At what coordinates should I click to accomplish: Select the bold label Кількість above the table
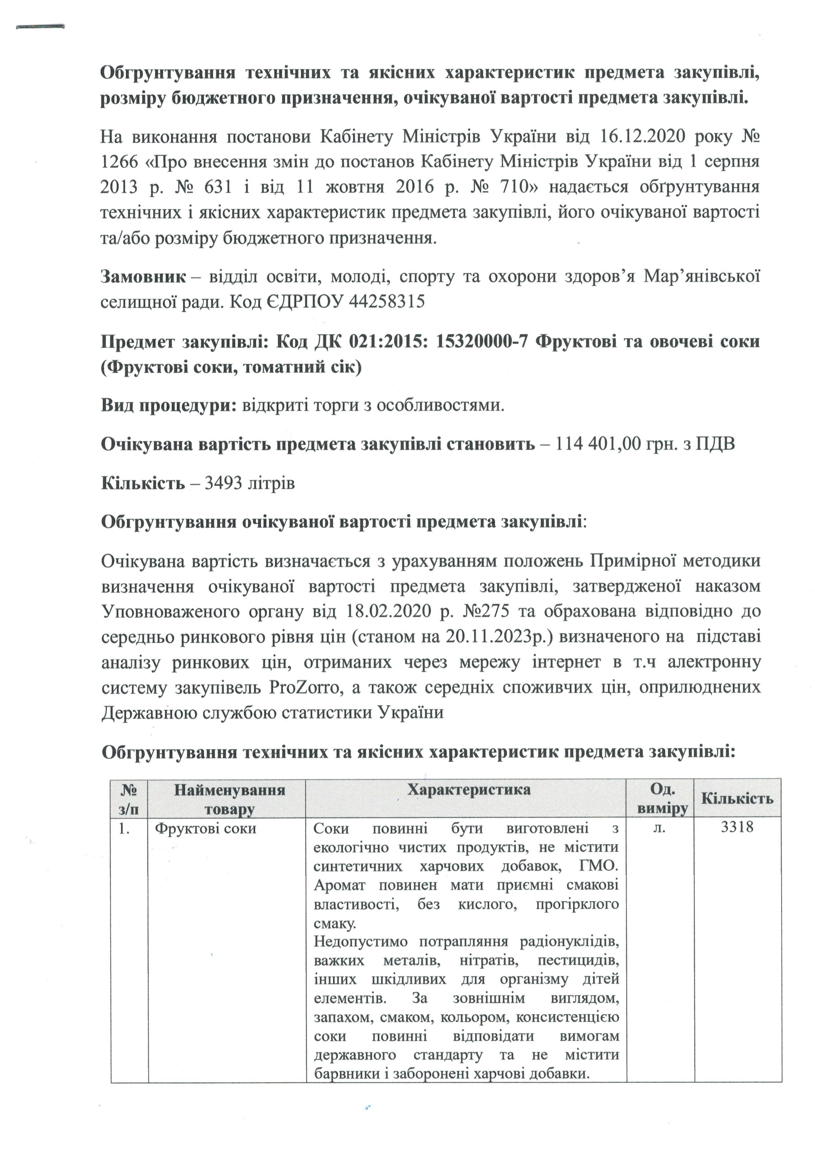(143, 483)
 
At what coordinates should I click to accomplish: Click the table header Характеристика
(468, 790)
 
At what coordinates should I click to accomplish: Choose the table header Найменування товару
(229, 799)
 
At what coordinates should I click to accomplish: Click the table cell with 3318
(737, 827)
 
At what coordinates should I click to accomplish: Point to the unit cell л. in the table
(660, 828)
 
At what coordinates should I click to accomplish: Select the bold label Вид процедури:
(169, 405)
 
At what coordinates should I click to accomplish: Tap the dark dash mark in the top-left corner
(40, 27)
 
